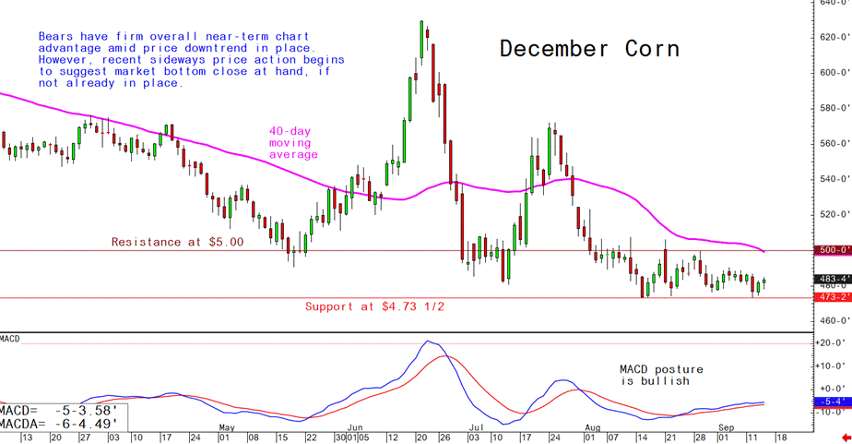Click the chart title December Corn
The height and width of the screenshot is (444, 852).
589,50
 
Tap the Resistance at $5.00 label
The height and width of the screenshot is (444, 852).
177,242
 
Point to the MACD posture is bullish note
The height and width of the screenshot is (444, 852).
654,374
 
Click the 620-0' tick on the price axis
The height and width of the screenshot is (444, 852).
834,37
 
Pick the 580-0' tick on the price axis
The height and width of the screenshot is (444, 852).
834,108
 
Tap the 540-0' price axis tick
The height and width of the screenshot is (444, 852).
834,179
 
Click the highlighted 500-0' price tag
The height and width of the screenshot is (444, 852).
833,250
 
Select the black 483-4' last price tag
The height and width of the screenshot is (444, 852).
833,279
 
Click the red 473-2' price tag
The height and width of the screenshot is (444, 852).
833,297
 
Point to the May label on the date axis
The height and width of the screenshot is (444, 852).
226,427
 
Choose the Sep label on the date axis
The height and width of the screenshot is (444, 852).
728,427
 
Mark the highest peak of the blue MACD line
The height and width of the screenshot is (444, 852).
426,342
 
